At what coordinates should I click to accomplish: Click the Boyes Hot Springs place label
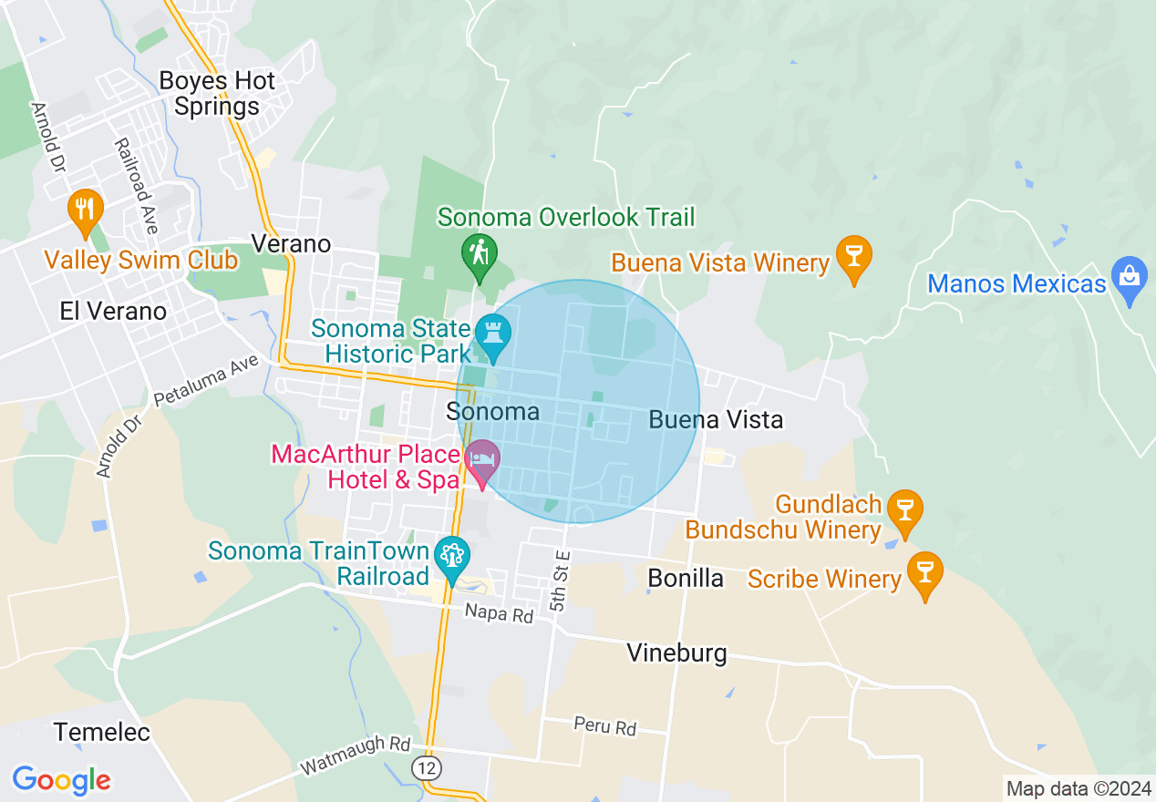[x=216, y=94]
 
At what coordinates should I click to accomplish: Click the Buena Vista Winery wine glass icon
[x=854, y=257]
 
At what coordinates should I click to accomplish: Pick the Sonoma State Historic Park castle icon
[x=493, y=334]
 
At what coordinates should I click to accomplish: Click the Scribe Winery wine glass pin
[x=925, y=573]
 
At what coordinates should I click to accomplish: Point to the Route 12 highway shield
[x=427, y=767]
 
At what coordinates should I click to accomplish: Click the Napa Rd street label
[x=498, y=615]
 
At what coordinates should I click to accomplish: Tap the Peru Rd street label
[x=604, y=726]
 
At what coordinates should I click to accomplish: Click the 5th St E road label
[x=560, y=580]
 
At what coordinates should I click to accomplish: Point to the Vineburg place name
[x=676, y=653]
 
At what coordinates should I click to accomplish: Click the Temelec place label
[x=102, y=732]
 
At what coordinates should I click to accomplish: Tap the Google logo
[x=61, y=780]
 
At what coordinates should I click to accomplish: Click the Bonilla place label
[x=685, y=578]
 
